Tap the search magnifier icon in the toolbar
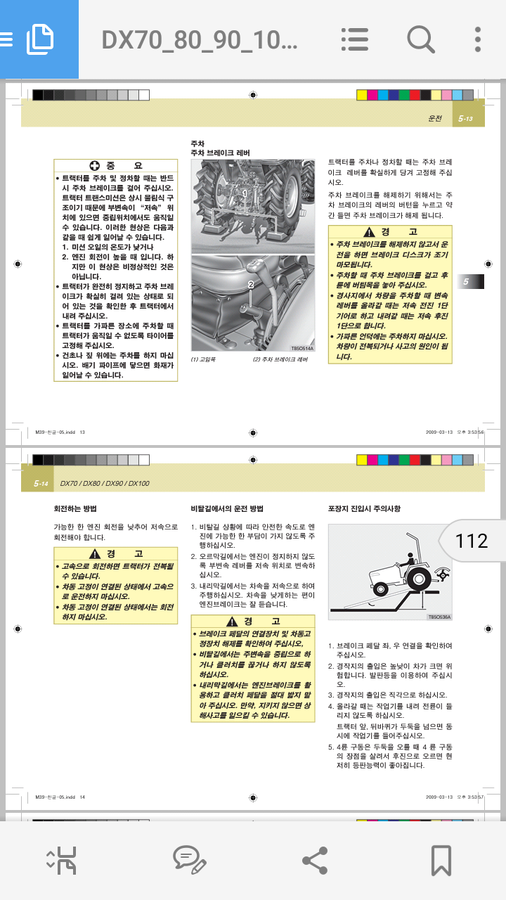[421, 39]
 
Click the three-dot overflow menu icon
[478, 39]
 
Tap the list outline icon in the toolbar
[354, 39]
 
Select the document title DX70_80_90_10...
[200, 39]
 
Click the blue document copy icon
[39, 39]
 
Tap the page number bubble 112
[471, 541]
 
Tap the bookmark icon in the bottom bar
[441, 860]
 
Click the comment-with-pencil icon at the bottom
[189, 860]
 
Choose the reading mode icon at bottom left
[61, 860]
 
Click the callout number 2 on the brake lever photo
[249, 284]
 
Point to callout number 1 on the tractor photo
[244, 192]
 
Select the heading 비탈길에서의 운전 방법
[227, 508]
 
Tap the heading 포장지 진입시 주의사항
[364, 508]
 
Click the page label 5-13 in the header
[466, 119]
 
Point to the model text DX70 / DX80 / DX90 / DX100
[105, 484]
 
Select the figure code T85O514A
[303, 347]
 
